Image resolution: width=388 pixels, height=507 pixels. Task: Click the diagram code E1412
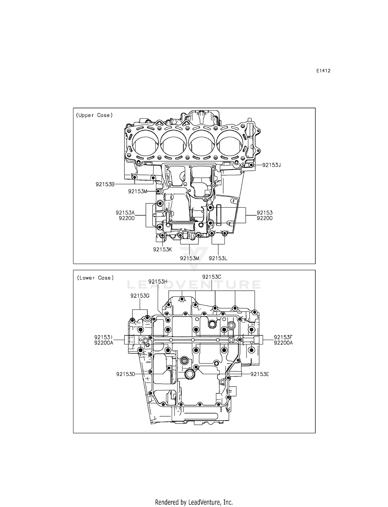coord(323,71)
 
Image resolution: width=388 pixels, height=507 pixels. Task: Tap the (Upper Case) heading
coord(94,115)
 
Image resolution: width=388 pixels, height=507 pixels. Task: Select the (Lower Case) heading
coord(95,278)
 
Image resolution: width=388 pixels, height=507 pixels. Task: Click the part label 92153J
coord(271,165)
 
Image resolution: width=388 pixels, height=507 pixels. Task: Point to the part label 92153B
coord(105,184)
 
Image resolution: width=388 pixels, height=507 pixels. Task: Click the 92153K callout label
coord(162,249)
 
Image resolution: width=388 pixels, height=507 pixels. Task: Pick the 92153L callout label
coord(218,258)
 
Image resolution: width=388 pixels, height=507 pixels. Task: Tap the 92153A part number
coord(125,213)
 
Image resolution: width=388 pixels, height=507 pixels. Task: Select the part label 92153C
coord(212,277)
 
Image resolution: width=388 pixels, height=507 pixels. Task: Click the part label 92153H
coord(158,282)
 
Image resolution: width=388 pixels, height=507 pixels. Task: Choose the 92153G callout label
coord(140,296)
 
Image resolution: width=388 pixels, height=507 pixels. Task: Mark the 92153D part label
coord(126,374)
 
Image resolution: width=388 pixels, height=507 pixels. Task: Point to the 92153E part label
coord(260,374)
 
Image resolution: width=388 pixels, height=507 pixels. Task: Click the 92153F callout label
coord(283,337)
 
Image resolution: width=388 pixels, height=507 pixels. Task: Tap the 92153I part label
coord(104,337)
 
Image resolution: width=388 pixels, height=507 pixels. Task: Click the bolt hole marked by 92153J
coord(251,165)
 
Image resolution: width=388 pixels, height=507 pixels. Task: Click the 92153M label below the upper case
coord(190,258)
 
